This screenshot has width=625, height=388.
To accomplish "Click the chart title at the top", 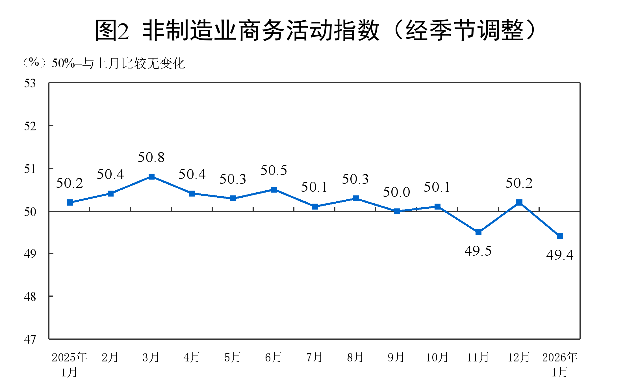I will pyautogui.click(x=315, y=30).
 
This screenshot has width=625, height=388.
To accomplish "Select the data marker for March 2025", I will pyautogui.click(x=151, y=177).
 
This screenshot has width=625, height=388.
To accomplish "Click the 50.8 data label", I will pyautogui.click(x=151, y=158).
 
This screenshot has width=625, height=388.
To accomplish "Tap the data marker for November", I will pyautogui.click(x=478, y=232).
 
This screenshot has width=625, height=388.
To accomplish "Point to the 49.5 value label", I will pyautogui.click(x=478, y=251).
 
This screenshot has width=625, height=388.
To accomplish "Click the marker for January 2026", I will pyautogui.click(x=560, y=236).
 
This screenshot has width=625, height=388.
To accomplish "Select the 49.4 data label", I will pyautogui.click(x=560, y=255).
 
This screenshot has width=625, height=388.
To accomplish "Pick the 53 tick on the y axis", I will pyautogui.click(x=30, y=83).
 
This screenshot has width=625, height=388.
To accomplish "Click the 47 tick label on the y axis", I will pyautogui.click(x=30, y=339).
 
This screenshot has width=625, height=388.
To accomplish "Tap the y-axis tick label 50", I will pyautogui.click(x=30, y=212).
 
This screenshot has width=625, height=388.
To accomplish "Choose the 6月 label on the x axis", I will pyautogui.click(x=273, y=357).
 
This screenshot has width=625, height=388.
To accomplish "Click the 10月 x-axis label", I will pyautogui.click(x=437, y=357).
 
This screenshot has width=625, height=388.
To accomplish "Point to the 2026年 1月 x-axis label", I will pyautogui.click(x=560, y=365).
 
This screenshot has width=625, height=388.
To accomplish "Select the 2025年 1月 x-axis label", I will pyautogui.click(x=70, y=365).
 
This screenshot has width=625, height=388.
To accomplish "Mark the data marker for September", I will pyautogui.click(x=397, y=211).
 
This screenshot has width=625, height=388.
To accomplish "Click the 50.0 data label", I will pyautogui.click(x=396, y=192).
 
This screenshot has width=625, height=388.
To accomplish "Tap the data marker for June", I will pyautogui.click(x=274, y=189).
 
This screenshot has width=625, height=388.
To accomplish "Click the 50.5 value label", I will pyautogui.click(x=274, y=171).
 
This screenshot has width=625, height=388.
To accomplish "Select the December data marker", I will pyautogui.click(x=519, y=202).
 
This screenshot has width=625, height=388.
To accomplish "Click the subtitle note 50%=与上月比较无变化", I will pyautogui.click(x=118, y=63).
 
